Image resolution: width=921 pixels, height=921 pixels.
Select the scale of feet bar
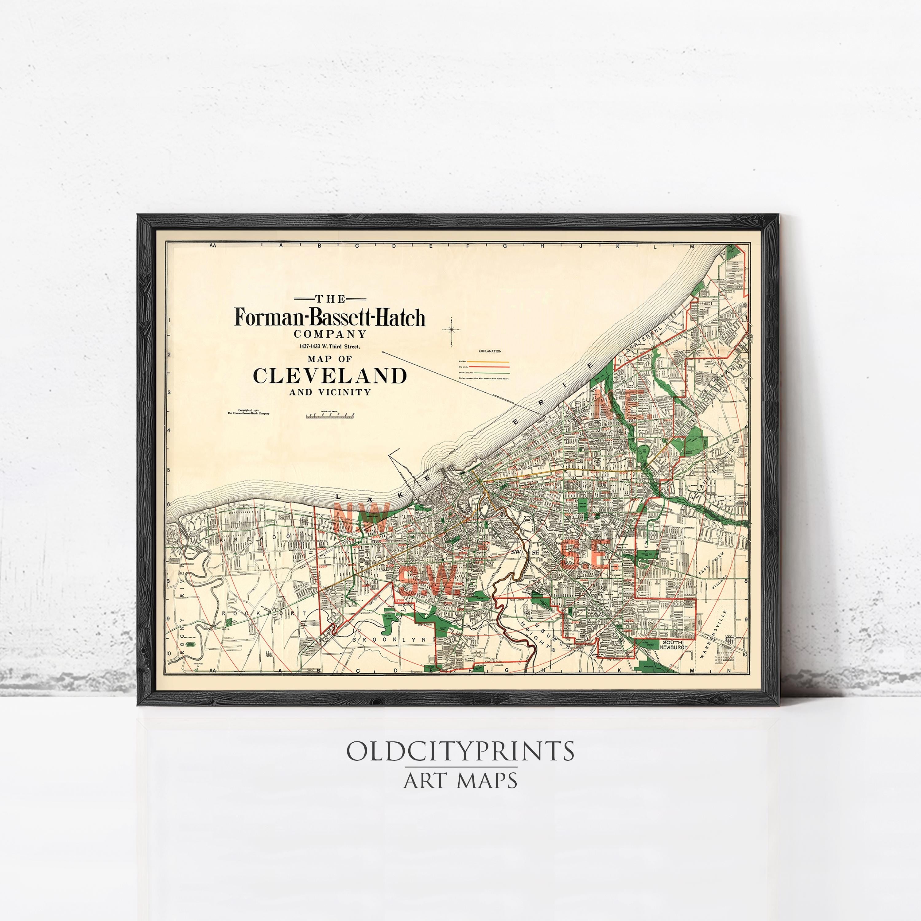pos(330,416)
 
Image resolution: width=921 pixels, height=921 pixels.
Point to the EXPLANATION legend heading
pos(490,351)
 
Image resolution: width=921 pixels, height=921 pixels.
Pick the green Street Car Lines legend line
pos(491,372)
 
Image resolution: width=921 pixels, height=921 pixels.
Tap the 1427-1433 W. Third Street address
pos(330,347)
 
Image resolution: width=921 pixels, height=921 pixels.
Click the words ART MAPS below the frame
pos(460,780)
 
